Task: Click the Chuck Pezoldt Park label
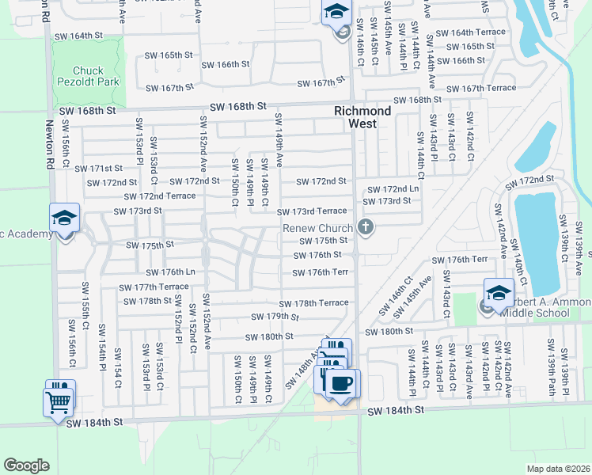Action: click(84, 76)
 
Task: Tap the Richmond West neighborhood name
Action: click(362, 117)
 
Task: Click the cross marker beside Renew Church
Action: click(365, 228)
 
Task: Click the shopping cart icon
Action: click(59, 401)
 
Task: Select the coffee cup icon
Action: click(342, 383)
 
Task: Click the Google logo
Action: click(26, 465)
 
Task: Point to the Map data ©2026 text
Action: click(557, 468)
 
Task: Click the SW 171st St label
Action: click(99, 169)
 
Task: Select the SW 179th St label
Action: click(275, 317)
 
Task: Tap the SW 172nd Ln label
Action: click(392, 189)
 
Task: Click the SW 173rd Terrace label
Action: click(312, 211)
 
